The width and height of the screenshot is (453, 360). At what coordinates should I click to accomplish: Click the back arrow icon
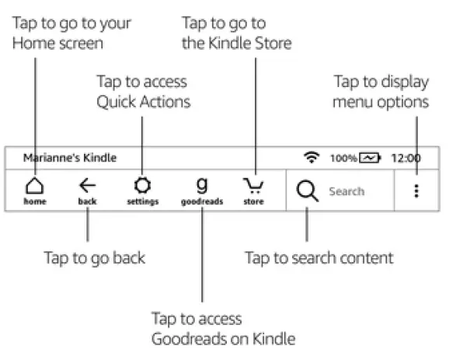87,185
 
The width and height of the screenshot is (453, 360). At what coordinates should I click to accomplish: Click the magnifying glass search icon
308,191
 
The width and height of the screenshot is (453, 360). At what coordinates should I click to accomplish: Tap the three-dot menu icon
416,191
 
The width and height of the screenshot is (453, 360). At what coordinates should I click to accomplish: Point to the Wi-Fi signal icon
312,157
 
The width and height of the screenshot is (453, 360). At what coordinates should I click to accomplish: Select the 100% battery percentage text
343,158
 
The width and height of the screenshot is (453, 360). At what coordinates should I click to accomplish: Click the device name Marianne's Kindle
69,158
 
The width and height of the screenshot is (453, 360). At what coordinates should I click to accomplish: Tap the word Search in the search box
346,191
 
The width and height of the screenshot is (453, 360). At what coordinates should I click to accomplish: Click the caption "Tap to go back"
94,257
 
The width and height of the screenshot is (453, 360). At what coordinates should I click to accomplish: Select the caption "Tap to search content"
319,257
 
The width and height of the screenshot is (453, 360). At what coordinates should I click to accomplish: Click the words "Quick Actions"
144,102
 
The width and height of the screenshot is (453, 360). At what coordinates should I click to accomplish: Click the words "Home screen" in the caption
57,44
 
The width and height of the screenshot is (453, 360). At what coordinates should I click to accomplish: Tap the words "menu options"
381,102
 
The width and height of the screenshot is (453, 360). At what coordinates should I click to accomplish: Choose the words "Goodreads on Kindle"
223,339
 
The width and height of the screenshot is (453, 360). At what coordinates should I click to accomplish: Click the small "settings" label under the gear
142,202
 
